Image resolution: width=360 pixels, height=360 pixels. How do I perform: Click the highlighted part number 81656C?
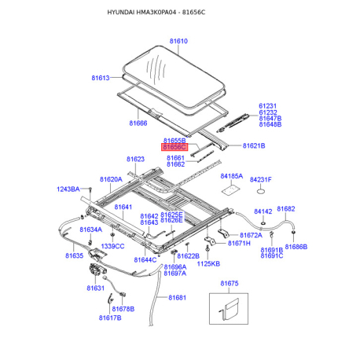point(173,147)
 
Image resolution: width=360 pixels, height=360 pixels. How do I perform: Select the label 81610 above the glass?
point(179,42)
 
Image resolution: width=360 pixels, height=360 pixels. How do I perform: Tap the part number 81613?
point(101,78)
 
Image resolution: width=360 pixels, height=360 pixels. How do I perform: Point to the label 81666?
point(138,123)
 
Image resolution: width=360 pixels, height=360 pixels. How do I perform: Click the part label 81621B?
point(254,146)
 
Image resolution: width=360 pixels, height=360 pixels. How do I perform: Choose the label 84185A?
point(232,177)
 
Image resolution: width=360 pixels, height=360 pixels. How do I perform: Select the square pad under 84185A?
point(230,189)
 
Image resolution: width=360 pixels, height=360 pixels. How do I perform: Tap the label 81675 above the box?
point(230,283)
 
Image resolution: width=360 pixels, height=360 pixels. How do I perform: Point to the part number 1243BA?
point(68,189)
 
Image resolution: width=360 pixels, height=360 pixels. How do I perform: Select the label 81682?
point(285,209)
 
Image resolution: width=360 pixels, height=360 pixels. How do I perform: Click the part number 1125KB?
point(208,263)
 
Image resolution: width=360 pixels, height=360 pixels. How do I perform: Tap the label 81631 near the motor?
point(95,288)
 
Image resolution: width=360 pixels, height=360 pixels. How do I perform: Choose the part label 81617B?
point(110,318)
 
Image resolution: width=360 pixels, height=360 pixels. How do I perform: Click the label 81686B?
point(296,247)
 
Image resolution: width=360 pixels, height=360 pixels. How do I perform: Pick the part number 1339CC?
point(112,247)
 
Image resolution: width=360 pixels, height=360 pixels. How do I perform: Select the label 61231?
point(268,105)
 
